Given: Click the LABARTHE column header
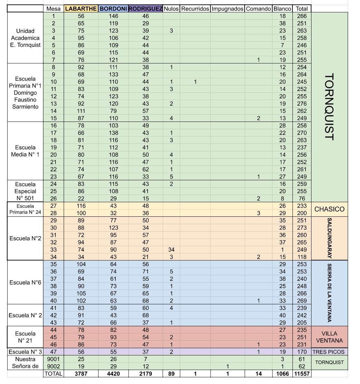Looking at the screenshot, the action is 81,9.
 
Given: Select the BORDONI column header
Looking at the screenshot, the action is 113,9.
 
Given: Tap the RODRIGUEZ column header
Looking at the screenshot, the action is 146,9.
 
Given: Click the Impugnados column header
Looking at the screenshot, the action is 227,9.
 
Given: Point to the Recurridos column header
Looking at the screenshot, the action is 195,9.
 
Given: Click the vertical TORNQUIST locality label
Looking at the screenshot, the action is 330,107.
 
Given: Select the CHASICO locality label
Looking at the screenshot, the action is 330,209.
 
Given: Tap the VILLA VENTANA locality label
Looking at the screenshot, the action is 330,337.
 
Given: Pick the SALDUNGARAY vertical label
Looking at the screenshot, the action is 330,238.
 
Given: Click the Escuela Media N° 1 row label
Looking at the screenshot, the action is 25,151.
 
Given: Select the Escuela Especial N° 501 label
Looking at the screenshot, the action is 25,191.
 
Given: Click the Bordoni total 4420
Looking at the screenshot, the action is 113,374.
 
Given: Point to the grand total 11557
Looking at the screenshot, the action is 302,374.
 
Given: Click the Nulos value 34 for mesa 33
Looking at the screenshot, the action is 171,250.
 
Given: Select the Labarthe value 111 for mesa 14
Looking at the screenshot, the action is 81,111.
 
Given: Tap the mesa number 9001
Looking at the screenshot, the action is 53,359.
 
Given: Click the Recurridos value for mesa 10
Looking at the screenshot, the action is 195,82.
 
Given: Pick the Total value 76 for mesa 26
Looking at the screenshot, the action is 302,199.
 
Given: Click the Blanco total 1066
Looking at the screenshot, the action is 282,374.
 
